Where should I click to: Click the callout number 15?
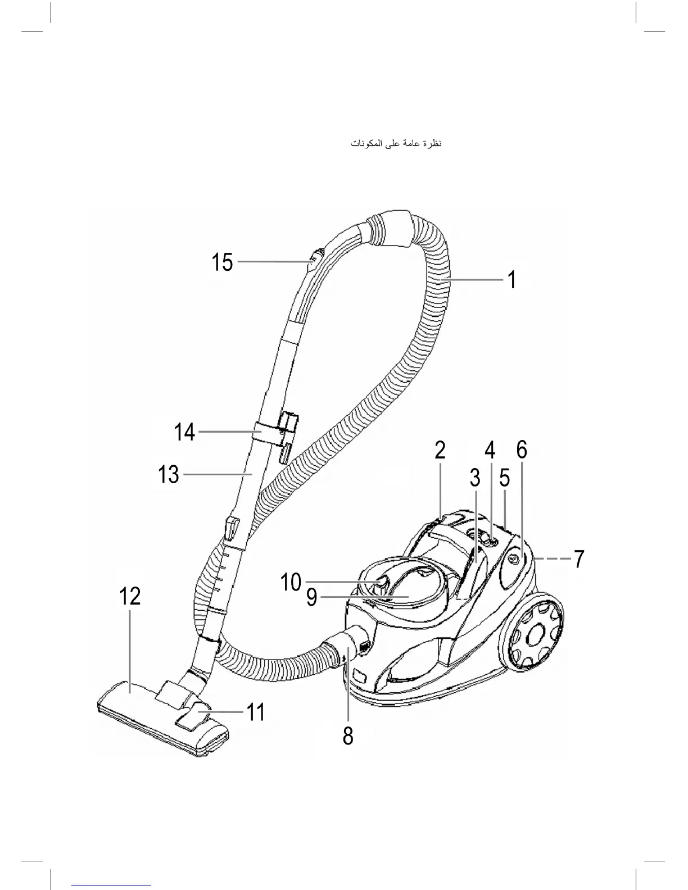222,262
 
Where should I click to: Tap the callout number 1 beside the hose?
512,280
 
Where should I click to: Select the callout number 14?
184,432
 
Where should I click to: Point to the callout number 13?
169,475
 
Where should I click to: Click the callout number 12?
130,596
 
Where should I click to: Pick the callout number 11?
256,712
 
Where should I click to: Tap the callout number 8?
348,735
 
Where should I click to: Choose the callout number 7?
579,560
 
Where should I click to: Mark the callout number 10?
291,583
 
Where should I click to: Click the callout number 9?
311,597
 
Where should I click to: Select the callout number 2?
440,450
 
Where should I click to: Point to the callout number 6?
522,450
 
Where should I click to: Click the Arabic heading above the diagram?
396,144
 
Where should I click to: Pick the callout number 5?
505,478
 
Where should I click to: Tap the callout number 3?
475,478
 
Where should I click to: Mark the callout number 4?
490,450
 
